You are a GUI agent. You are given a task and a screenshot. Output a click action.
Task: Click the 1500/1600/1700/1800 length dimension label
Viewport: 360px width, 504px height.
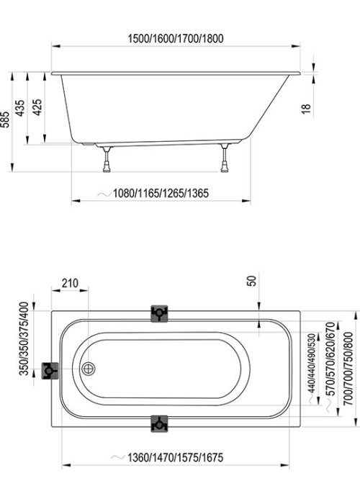pos(176,39)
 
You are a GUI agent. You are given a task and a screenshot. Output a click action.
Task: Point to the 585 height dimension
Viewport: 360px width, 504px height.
pos(6,120)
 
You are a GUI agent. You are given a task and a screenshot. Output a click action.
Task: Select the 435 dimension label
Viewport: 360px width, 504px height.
pos(20,108)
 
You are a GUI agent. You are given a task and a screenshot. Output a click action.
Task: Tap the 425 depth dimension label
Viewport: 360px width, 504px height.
pos(37,107)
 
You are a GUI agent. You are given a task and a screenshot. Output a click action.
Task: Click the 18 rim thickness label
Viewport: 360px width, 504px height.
pos(306,108)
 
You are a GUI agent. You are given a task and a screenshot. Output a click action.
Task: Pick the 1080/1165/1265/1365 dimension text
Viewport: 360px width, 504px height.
pos(161,193)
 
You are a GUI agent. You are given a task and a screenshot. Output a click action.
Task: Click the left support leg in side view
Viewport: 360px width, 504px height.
pos(107,159)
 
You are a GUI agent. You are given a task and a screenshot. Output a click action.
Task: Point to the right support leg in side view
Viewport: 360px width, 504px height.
pos(225,158)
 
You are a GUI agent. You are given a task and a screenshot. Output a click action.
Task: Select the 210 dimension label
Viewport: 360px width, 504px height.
pos(70,283)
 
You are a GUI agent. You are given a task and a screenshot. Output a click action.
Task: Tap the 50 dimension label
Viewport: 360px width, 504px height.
pos(253,281)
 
